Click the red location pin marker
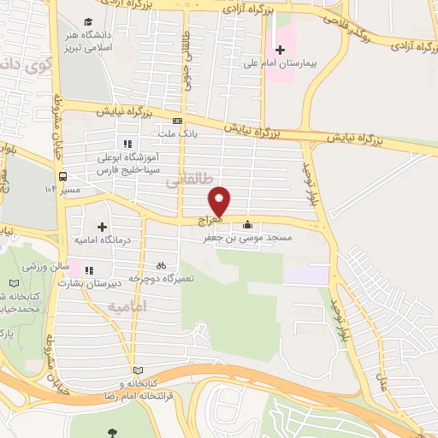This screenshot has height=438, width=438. point(220,199)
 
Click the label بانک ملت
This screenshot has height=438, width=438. point(177,133)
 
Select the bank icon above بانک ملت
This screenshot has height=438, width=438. point(177,121)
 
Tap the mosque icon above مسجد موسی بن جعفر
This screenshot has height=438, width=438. point(248,225)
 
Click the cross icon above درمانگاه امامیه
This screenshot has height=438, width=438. point(103,228)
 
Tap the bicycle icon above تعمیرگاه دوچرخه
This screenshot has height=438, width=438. point(162,265)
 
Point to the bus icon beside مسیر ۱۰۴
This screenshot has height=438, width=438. point(62,176)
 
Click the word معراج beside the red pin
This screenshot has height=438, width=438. point(211,220)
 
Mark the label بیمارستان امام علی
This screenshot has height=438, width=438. point(323,62)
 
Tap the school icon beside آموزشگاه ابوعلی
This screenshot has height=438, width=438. point(127,145)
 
